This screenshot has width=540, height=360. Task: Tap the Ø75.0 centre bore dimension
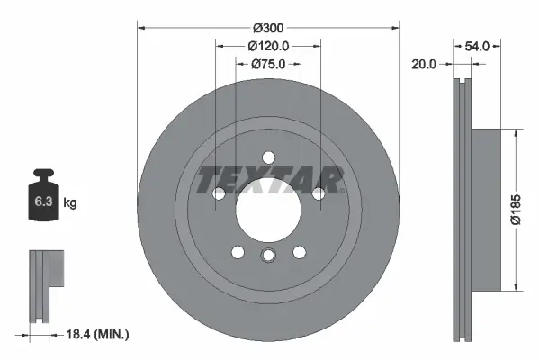click(268, 64)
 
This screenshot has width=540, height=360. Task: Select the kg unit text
click(70, 203)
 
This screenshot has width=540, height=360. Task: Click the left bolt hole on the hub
click(218, 193)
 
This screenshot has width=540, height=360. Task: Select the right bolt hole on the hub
click(319, 193)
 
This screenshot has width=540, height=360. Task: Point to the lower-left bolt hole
click(237, 252)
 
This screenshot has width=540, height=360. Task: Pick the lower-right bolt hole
click(300, 252)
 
